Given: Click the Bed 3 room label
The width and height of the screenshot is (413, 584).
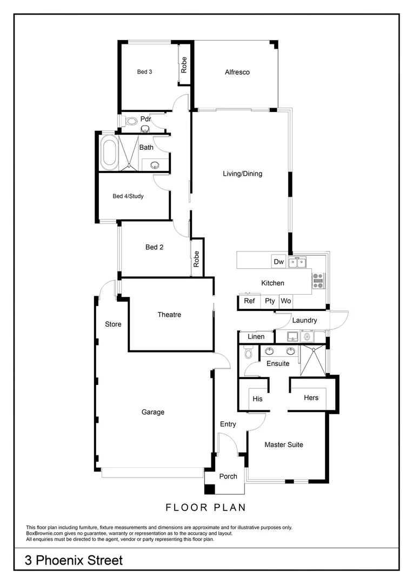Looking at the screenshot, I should [144, 71].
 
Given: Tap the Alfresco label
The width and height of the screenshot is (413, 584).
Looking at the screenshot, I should [237, 72].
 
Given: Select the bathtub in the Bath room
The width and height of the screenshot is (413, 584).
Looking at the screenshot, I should [109, 152].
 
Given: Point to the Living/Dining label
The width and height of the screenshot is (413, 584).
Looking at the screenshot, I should [242, 174].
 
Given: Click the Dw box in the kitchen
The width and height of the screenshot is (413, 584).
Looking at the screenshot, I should [278, 262].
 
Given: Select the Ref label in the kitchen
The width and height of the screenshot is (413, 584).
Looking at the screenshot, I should [249, 301].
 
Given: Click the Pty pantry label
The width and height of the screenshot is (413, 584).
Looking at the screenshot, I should [269, 301].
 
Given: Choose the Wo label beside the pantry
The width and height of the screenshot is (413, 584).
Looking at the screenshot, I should [285, 301].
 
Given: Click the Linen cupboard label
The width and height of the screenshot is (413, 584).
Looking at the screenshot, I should [256, 337].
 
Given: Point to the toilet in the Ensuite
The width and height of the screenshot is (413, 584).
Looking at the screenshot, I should [249, 354].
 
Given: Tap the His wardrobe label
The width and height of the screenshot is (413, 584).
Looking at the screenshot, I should [258, 399].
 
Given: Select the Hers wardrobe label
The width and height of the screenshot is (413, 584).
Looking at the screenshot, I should [311, 397].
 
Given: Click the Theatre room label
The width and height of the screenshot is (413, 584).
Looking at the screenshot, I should [169, 315].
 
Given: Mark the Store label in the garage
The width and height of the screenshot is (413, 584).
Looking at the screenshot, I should [113, 324].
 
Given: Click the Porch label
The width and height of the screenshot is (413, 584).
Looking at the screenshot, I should [228, 476].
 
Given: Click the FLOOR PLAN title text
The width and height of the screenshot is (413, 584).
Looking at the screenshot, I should [205, 507].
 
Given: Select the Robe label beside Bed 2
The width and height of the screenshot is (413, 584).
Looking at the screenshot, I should [197, 259].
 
